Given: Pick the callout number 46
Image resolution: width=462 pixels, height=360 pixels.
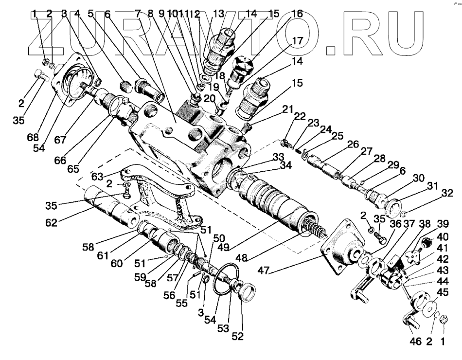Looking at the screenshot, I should click(415, 342).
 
